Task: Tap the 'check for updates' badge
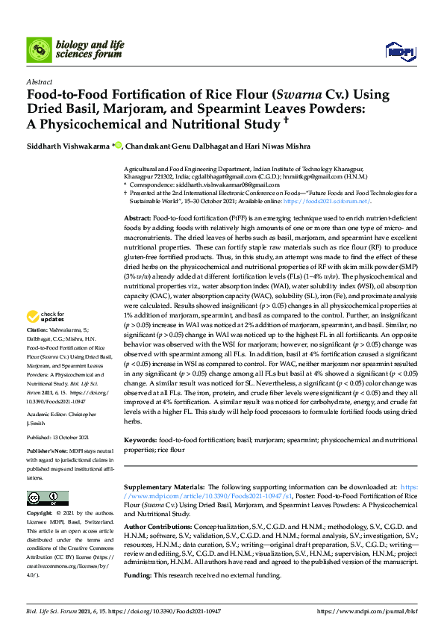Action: [43, 338]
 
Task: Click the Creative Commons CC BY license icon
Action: [47, 498]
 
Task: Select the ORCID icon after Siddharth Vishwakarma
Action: [116, 146]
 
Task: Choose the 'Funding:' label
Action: [137, 576]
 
